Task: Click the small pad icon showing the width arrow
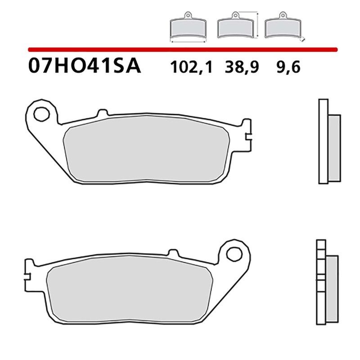pyautogui.click(x=188, y=29)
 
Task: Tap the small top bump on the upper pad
pyautogui.click(x=103, y=112)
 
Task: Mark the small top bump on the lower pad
pyautogui.click(x=173, y=253)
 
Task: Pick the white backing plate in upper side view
pyautogui.click(x=323, y=142)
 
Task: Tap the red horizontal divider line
pyautogui.click(x=180, y=48)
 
